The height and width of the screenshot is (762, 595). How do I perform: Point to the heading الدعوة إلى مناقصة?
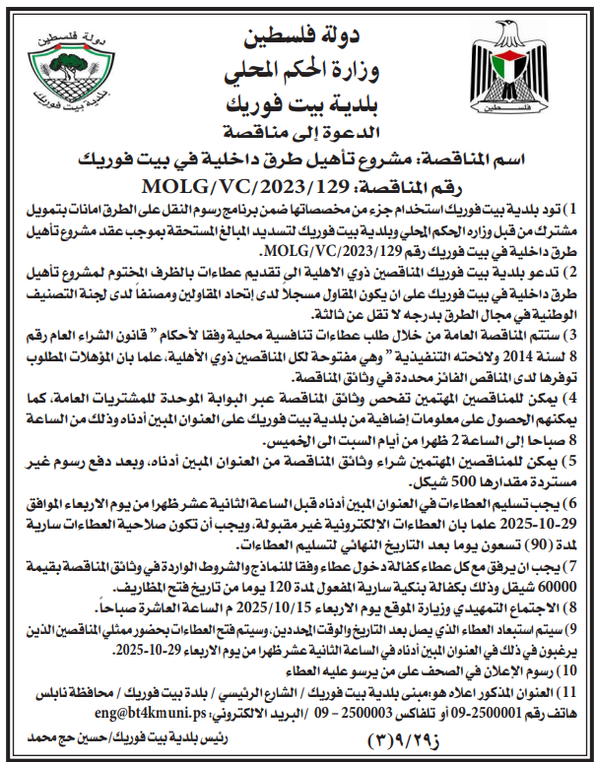pyautogui.click(x=297, y=129)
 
